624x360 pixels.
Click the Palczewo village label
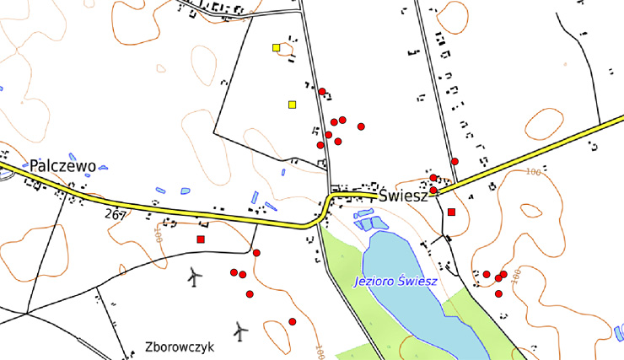(62, 166)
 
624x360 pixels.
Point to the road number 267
(116, 215)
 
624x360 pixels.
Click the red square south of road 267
(201, 239)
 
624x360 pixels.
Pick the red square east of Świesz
(452, 212)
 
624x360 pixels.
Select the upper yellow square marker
(276, 47)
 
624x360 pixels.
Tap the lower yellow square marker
(292, 105)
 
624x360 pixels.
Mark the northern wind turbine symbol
(195, 276)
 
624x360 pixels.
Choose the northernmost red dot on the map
(322, 91)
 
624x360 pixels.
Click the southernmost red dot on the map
(292, 321)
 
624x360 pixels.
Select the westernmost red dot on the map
(234, 272)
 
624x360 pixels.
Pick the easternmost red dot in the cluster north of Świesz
(361, 126)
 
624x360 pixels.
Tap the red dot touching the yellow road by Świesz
(433, 191)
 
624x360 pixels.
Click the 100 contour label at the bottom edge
(320, 349)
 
